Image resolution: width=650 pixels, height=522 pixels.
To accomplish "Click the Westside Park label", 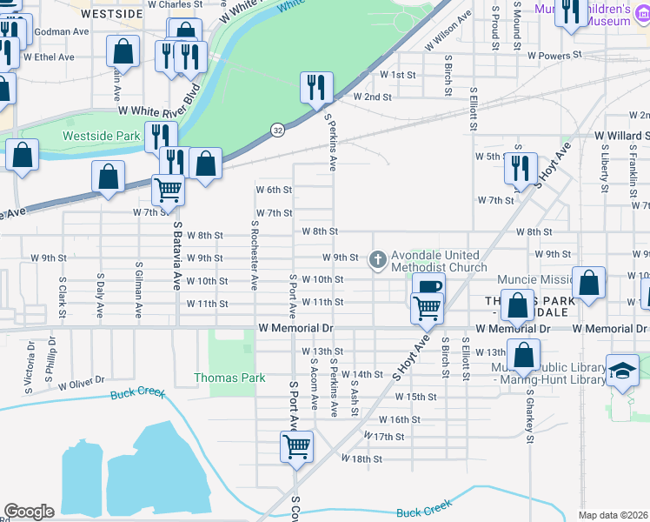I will click(x=101, y=137).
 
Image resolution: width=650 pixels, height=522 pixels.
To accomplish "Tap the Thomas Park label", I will click(x=229, y=378).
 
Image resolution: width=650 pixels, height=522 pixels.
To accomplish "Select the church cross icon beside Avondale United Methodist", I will click(x=377, y=258).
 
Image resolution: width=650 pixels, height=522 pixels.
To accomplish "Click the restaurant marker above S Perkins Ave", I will click(x=315, y=88).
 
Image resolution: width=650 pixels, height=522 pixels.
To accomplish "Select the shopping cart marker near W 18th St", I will click(x=296, y=447).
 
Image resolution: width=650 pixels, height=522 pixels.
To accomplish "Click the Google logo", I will click(x=29, y=512).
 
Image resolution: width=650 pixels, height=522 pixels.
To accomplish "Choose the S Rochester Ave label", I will click(x=254, y=255).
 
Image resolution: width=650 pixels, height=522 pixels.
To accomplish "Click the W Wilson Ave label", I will click(x=448, y=41).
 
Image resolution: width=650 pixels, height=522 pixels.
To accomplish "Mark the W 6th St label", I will click(x=273, y=190).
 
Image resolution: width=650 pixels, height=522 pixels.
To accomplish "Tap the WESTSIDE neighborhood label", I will click(x=111, y=15).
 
